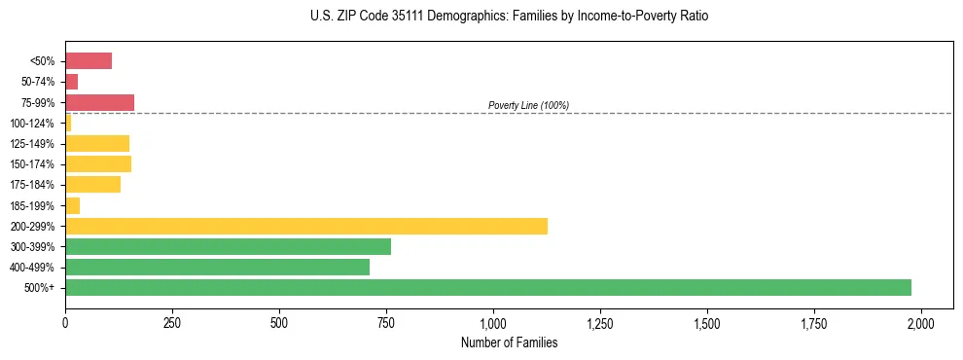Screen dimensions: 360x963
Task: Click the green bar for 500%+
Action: click(x=487, y=287)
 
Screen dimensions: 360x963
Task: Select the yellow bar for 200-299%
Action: click(x=305, y=226)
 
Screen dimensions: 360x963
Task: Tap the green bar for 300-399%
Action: click(x=228, y=246)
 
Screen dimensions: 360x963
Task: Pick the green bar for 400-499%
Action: click(x=217, y=267)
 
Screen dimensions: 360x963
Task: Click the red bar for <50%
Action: click(x=89, y=61)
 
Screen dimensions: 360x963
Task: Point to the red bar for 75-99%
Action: click(x=99, y=102)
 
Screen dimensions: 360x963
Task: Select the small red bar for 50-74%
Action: click(x=71, y=82)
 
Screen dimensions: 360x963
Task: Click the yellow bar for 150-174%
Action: click(x=98, y=163)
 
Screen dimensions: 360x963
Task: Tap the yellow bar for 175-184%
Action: click(x=92, y=184)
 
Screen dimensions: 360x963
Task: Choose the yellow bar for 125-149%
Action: click(x=97, y=143)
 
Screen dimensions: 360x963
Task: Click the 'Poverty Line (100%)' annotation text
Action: click(x=528, y=105)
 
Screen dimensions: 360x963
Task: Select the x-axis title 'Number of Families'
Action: click(x=509, y=342)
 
